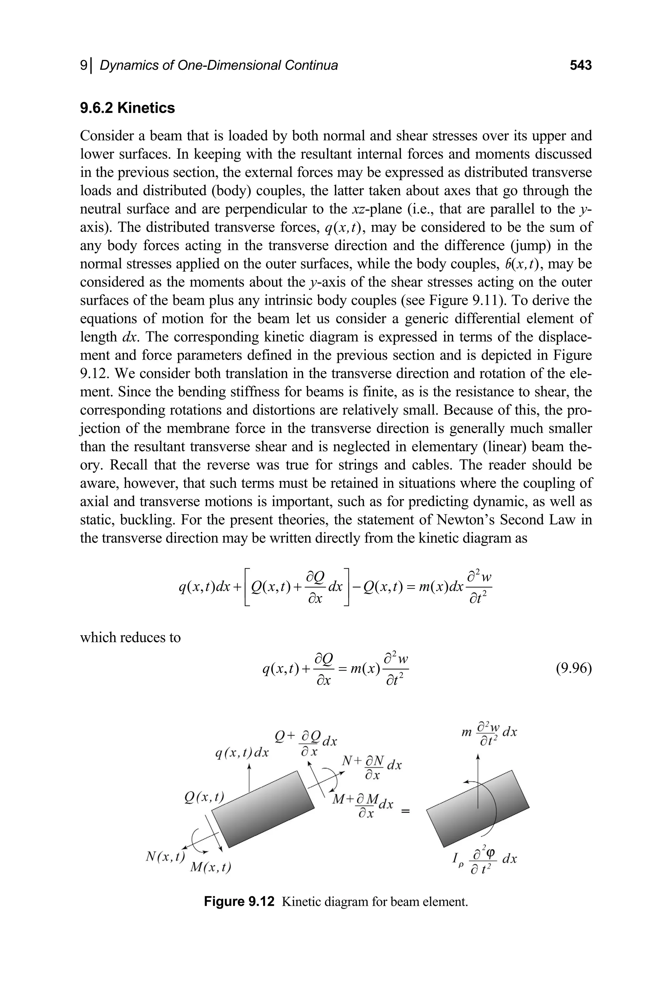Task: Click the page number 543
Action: [581, 65]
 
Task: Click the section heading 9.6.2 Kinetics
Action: [127, 108]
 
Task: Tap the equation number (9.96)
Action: [574, 668]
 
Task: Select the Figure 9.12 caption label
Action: [239, 902]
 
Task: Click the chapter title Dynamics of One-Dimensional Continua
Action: [219, 65]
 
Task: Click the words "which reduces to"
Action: [130, 637]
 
